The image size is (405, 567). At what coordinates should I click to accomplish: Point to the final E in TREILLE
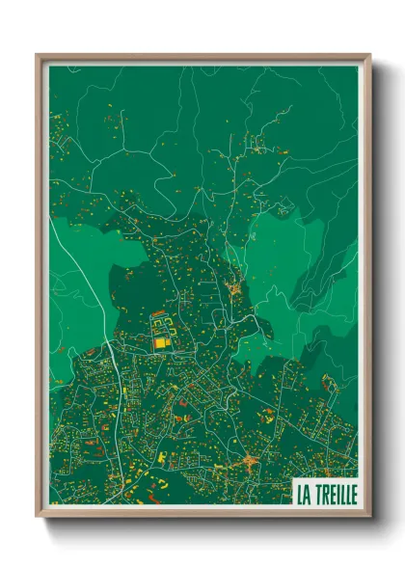pos(352,494)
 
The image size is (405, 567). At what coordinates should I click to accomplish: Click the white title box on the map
pos(325,493)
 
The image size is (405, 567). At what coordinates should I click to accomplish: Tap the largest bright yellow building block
pos(160,340)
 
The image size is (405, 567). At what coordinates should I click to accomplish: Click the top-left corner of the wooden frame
pos(38,55)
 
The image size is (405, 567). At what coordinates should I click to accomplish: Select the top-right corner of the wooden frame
pos(369,55)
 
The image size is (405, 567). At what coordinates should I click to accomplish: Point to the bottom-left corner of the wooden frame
pos(38,515)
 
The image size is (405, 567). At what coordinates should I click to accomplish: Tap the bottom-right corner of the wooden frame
pos(369,515)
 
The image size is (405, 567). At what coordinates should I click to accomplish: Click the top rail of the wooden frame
pos(202,58)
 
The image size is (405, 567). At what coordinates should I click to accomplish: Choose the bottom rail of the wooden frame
pos(202,511)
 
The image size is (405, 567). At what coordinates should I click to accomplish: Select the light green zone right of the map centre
pos(280,260)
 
